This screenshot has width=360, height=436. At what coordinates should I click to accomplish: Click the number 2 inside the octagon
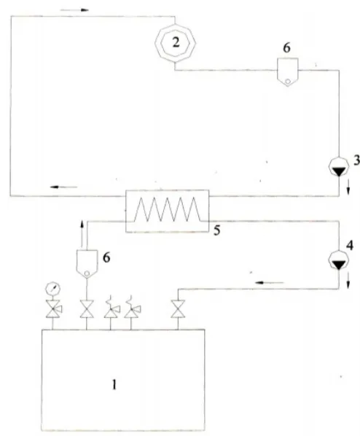pos(176,43)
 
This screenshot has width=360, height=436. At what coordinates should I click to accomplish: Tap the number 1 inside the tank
pos(114,385)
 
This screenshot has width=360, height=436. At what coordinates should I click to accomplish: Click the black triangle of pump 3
pos(338,172)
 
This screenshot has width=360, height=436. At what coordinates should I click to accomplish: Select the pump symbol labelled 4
pos(338,260)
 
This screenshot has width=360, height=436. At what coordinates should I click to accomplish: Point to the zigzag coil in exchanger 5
pos(167,209)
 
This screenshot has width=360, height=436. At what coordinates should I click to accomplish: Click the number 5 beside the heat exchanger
pos(217,230)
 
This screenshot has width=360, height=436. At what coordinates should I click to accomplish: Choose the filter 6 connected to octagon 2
pos(288,72)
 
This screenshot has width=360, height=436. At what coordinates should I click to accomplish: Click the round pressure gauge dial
pos(52,288)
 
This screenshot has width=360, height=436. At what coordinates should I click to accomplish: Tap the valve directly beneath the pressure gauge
pos(54,309)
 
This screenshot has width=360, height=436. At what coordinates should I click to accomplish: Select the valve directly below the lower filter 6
pos(87,309)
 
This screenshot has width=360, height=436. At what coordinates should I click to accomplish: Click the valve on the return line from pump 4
pos(178,309)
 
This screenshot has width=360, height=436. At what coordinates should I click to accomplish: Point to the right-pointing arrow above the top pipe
pos(74,10)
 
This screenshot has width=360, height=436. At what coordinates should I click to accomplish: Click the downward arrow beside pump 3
pos(348,190)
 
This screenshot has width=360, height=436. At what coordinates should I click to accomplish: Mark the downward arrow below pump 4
pos(348,284)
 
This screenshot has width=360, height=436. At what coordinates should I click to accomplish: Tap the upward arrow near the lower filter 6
pos(82,234)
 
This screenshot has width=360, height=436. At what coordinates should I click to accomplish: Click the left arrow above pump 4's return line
pos(270,283)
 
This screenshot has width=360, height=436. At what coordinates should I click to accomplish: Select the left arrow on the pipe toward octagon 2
pos(63,187)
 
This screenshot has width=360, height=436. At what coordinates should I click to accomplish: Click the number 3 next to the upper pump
pos(356,160)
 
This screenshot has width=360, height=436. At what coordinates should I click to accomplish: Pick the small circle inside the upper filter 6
pos(288,82)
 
